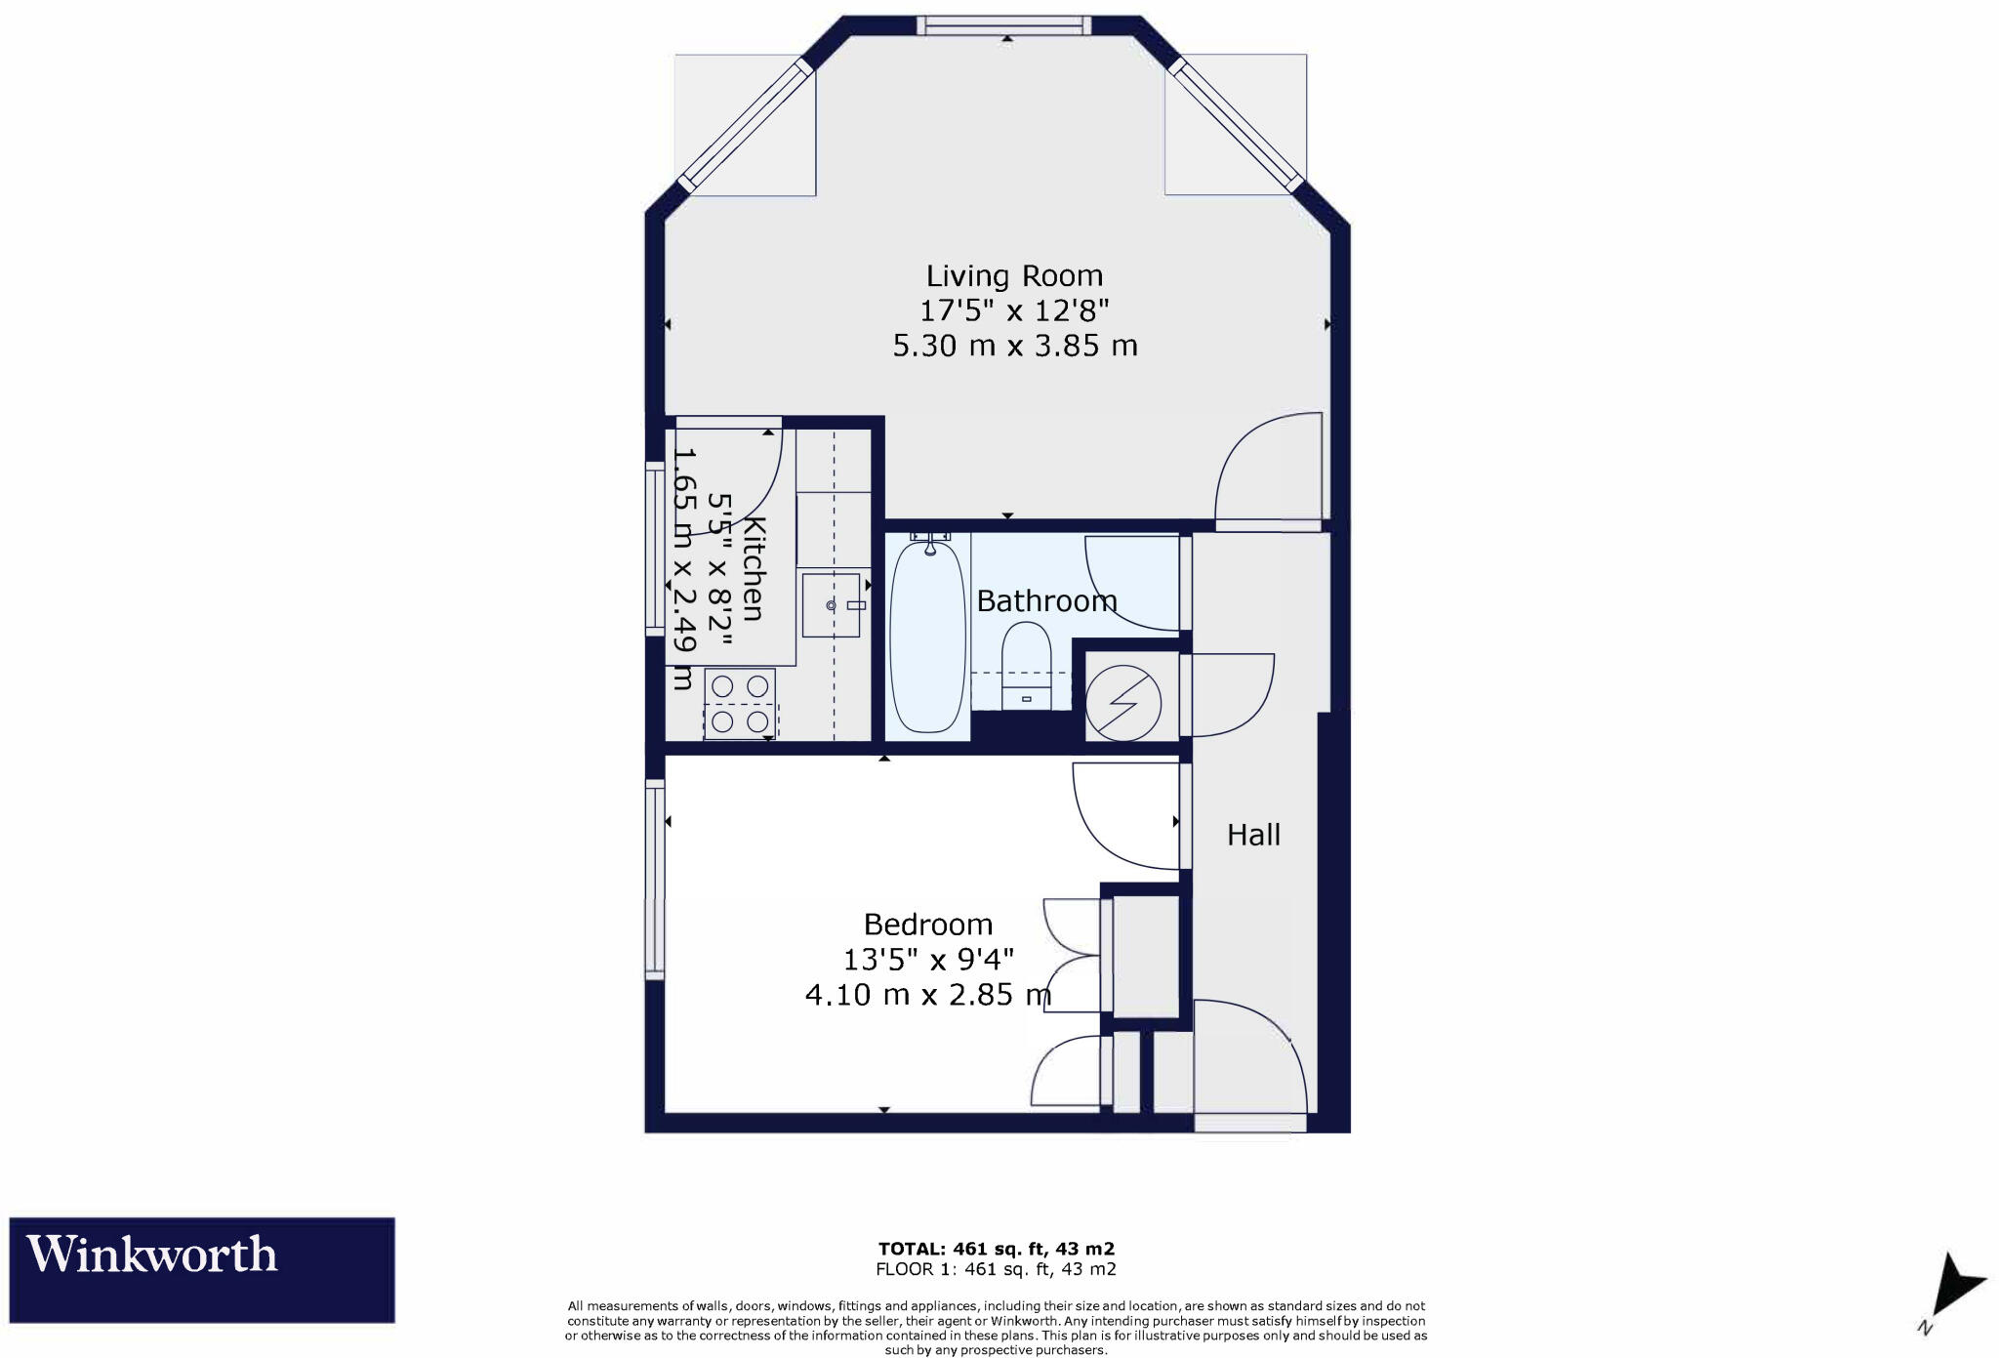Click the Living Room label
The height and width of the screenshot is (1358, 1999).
(x=1014, y=276)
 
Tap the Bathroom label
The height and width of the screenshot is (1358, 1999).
(x=1046, y=600)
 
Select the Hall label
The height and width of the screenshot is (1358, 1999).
(x=1253, y=835)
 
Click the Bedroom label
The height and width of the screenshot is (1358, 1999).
(x=927, y=924)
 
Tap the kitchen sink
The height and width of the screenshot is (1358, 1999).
(x=831, y=605)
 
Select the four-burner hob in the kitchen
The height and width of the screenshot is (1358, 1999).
(x=739, y=703)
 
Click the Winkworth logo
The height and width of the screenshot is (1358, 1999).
(x=202, y=1269)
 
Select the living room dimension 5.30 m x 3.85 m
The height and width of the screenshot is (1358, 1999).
(x=1015, y=346)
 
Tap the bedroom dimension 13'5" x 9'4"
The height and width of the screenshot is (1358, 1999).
(x=928, y=960)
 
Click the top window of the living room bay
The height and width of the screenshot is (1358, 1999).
(x=1003, y=25)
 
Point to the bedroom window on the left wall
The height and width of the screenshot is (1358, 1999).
(x=655, y=878)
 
